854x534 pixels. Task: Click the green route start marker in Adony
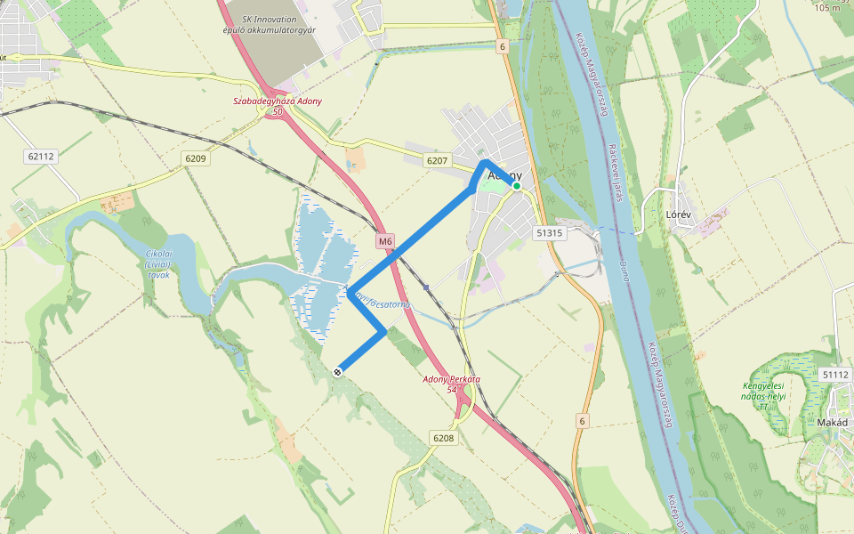click(516, 186)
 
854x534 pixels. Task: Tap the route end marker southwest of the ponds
click(338, 372)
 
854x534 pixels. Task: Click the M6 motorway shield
click(384, 240)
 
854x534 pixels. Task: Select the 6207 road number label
click(437, 161)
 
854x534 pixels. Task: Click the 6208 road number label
click(443, 437)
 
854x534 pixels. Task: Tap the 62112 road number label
click(41, 156)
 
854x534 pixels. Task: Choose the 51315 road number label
click(550, 232)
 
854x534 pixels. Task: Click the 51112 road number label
click(835, 375)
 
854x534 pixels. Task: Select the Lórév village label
click(679, 215)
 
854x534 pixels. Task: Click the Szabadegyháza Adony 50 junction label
click(278, 106)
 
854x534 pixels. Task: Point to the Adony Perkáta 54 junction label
click(451, 384)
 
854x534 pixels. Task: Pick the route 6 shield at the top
click(503, 46)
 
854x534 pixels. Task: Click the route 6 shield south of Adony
click(583, 421)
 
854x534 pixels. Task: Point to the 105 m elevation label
click(828, 7)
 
